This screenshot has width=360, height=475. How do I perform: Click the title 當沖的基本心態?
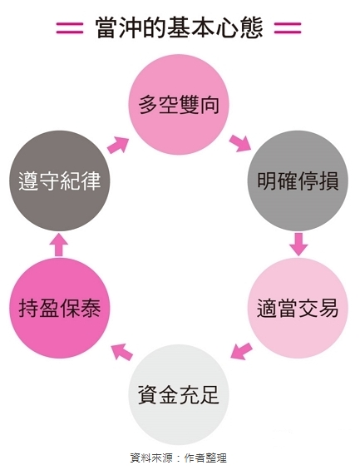point(179,28)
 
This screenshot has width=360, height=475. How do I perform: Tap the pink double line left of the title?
point(69,28)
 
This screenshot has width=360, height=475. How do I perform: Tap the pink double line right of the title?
point(288,28)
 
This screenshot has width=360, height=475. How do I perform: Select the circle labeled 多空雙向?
point(179,105)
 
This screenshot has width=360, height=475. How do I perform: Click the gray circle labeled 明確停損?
point(298,181)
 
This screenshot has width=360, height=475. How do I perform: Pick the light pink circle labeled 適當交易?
point(298,308)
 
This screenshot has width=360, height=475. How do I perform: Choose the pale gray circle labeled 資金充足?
point(179,394)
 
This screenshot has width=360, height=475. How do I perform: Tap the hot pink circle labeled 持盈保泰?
point(60,308)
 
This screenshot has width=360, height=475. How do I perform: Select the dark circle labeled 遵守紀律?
point(60,181)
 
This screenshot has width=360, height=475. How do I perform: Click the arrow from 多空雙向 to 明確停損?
point(240,143)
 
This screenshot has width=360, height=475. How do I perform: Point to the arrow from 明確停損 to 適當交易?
point(298,245)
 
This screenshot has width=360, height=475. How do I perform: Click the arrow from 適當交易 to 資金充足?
point(241,351)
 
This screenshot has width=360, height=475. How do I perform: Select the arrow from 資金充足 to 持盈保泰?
point(121,351)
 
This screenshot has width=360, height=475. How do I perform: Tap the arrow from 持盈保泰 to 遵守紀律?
point(59,245)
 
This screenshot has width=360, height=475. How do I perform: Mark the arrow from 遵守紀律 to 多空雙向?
point(118,145)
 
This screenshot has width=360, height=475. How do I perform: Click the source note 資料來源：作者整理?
point(178,458)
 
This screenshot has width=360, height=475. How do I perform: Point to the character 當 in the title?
point(106,28)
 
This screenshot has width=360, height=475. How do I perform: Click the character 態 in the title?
point(252,28)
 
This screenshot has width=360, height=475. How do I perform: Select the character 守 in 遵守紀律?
point(49,181)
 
